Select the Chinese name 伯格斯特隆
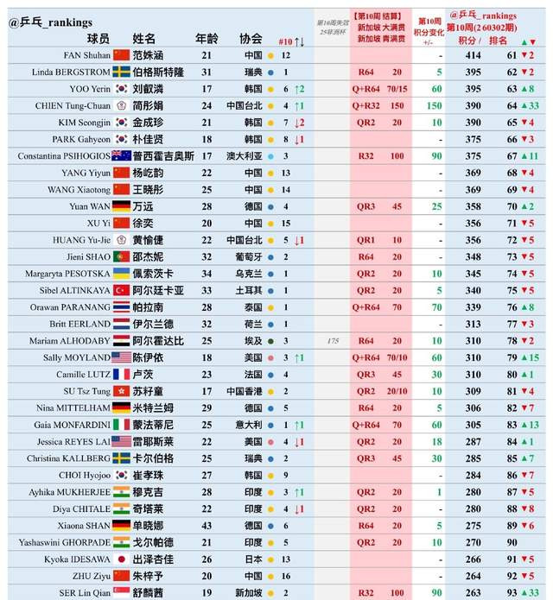[x=157, y=72]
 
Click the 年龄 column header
[x=207, y=38]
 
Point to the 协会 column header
[x=251, y=38]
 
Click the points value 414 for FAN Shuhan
[x=472, y=54]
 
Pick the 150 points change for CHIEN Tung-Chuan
[x=435, y=105]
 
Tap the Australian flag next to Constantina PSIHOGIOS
[x=123, y=155]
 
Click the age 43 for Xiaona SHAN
[x=207, y=525]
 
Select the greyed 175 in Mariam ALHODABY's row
[x=332, y=340]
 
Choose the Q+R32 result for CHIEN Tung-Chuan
[x=366, y=105]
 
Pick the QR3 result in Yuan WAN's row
[x=366, y=206]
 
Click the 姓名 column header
[x=144, y=38]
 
